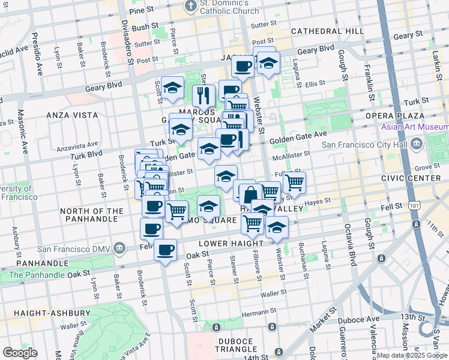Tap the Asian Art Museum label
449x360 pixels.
coord(415,127)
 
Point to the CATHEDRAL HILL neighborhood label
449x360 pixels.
coord(326,31)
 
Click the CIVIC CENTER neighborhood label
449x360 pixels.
coord(411,178)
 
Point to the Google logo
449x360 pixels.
coord(20,353)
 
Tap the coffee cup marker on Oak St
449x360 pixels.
coord(165,250)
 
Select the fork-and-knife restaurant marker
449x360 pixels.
coord(203,95)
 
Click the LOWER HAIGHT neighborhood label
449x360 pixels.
coord(231,244)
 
